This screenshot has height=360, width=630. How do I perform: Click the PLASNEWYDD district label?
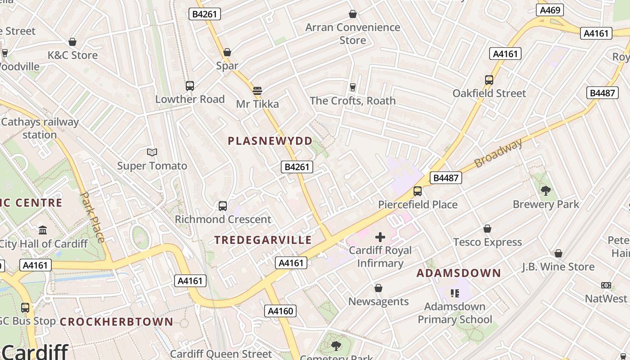point(270,141)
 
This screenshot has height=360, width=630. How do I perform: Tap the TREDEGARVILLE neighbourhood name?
point(263,240)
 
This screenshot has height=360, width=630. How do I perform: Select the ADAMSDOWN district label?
point(459,273)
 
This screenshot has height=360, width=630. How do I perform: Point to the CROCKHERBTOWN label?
point(117,322)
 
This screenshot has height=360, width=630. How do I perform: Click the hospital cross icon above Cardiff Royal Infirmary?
point(380,237)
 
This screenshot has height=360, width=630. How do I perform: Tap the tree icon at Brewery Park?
point(546,190)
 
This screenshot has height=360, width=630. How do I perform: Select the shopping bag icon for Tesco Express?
point(487,229)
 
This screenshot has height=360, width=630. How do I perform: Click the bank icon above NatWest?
point(606,285)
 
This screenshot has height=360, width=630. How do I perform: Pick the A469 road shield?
point(550,10)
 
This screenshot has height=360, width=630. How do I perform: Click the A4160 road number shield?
point(280,310)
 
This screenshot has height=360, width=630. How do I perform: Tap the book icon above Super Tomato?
point(152,153)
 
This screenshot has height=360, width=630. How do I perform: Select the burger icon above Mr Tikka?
point(257,90)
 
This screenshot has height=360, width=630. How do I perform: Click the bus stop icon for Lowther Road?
point(190,85)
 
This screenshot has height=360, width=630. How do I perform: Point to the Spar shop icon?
point(227,52)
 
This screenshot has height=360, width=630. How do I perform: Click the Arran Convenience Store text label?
point(353,34)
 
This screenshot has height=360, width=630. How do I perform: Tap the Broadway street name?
point(499,153)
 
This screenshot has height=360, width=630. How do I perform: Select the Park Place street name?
point(93,217)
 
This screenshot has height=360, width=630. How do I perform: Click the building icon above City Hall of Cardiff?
point(43,230)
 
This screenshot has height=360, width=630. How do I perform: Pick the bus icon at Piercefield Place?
point(418,191)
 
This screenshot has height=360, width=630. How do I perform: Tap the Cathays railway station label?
point(40,128)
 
